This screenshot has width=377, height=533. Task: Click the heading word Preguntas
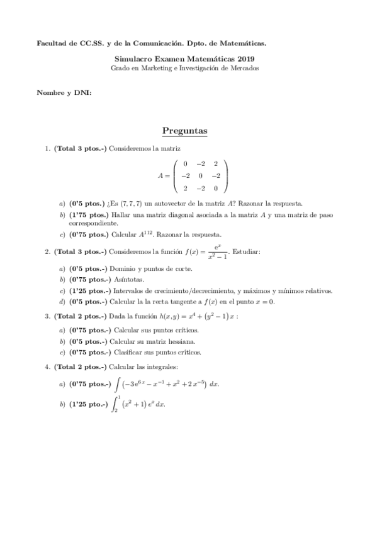184,131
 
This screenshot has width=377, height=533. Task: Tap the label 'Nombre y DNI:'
64,92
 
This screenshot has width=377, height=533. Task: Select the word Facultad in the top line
51,43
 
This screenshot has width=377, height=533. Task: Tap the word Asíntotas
129,279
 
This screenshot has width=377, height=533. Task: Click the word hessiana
172,341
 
